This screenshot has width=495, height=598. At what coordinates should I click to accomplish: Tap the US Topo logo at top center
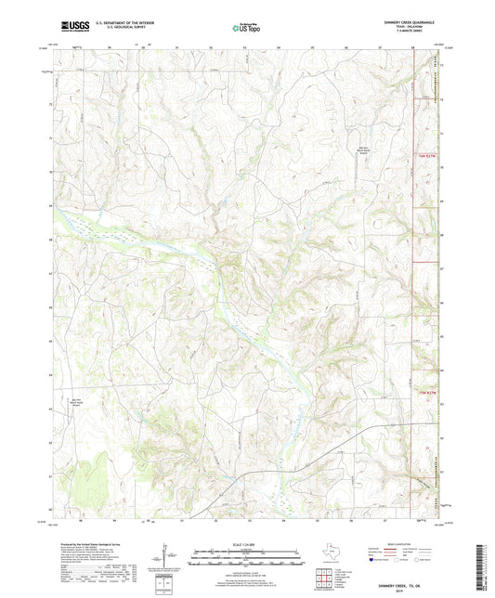[246, 28]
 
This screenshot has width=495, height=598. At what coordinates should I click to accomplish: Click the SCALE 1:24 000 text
[247, 543]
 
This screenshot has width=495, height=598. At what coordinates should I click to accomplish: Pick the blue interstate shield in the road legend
[373, 560]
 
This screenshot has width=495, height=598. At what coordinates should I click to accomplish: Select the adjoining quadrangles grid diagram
[326, 579]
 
